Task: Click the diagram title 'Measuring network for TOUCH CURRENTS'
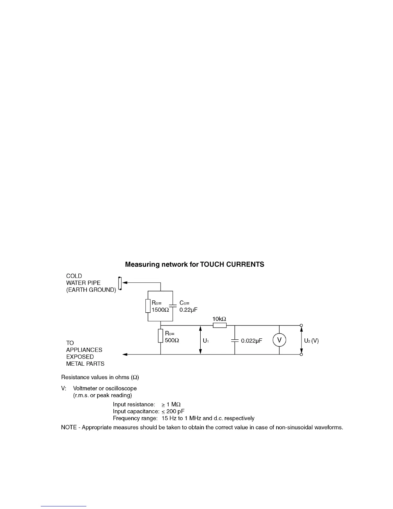[195, 264]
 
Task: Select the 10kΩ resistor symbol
[220, 326]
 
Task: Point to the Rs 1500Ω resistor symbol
[148, 306]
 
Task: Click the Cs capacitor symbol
[173, 306]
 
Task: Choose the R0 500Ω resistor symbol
[161, 336]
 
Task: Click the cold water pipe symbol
[120, 283]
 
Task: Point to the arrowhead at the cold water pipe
[125, 283]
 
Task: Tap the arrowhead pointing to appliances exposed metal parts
[125, 354]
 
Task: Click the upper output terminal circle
[301, 326]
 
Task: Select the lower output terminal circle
[301, 354]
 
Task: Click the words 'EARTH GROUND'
[91, 290]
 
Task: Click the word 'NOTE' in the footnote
[69, 428]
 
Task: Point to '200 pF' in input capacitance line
[175, 411]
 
